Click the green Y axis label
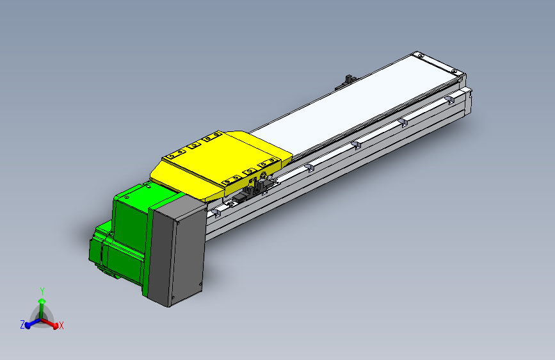click(x=42, y=290)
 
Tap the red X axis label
click(x=61, y=326)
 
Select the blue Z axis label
click(x=22, y=325)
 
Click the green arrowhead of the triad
click(x=42, y=300)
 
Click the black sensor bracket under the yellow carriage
click(x=259, y=185)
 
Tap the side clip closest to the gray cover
click(x=221, y=209)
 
